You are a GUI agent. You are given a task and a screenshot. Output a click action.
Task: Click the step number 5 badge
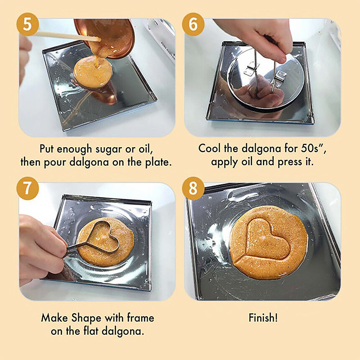tap(27, 24)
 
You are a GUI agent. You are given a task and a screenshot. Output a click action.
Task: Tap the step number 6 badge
tap(193, 24)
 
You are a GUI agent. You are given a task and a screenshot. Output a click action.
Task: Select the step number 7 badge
tap(27, 188)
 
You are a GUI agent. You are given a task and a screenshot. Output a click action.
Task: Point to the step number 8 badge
tap(193, 188)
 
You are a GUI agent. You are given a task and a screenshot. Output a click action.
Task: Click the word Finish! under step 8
tap(263, 318)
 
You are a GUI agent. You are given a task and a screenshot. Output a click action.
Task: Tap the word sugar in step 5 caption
tap(109, 149)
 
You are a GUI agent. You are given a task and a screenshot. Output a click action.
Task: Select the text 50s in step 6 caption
tap(310, 148)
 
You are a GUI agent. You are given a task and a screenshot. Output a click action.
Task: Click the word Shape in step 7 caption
tap(86, 319)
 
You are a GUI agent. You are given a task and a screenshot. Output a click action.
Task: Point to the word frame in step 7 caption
tap(141, 318)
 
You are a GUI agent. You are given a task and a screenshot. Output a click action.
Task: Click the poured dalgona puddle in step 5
tap(93, 72)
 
